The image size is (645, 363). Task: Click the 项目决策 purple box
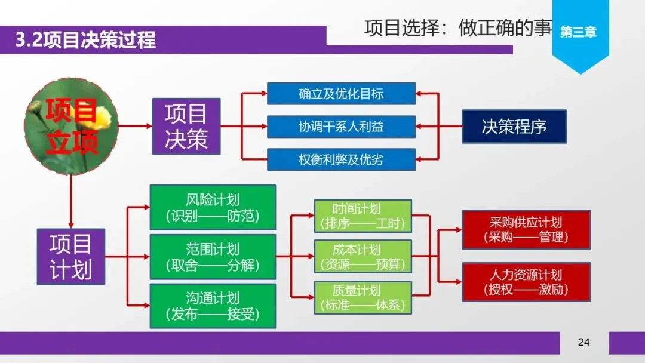coord(186,126)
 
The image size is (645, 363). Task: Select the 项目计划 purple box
coord(70,256)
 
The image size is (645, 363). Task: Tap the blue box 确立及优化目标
coord(341,94)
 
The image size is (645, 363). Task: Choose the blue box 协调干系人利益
coord(341,127)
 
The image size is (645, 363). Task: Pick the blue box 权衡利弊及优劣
coord(341,159)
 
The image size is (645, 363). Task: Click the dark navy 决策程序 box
coord(514,127)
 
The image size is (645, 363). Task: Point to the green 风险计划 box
coord(213,207)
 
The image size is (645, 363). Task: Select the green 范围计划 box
coord(213,257)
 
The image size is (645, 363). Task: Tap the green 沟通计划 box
coord(213,306)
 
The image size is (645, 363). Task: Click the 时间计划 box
coord(363,216)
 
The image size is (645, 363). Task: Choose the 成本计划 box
coord(363,256)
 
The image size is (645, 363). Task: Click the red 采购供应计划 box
coord(526,229)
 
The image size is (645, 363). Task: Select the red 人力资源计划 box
coord(526,282)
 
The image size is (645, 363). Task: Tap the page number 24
coord(583,342)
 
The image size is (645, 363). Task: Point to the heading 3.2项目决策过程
coord(86,40)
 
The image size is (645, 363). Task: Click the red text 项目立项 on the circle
coord(71,127)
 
